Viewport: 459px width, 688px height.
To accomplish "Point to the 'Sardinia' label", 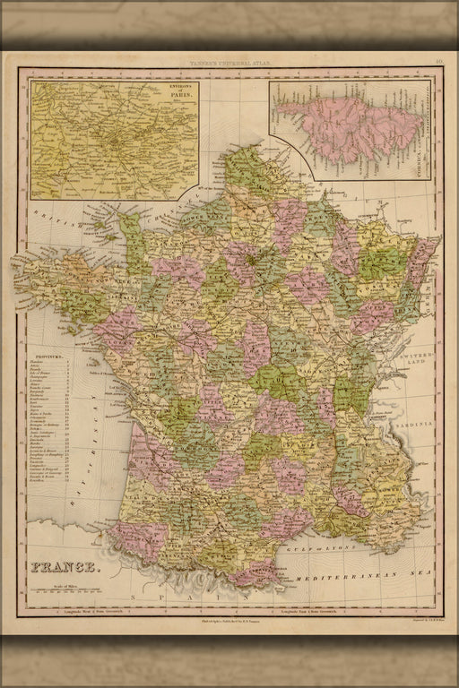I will pos(422,419).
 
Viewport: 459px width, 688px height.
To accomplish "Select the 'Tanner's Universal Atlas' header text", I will pos(229,64).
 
